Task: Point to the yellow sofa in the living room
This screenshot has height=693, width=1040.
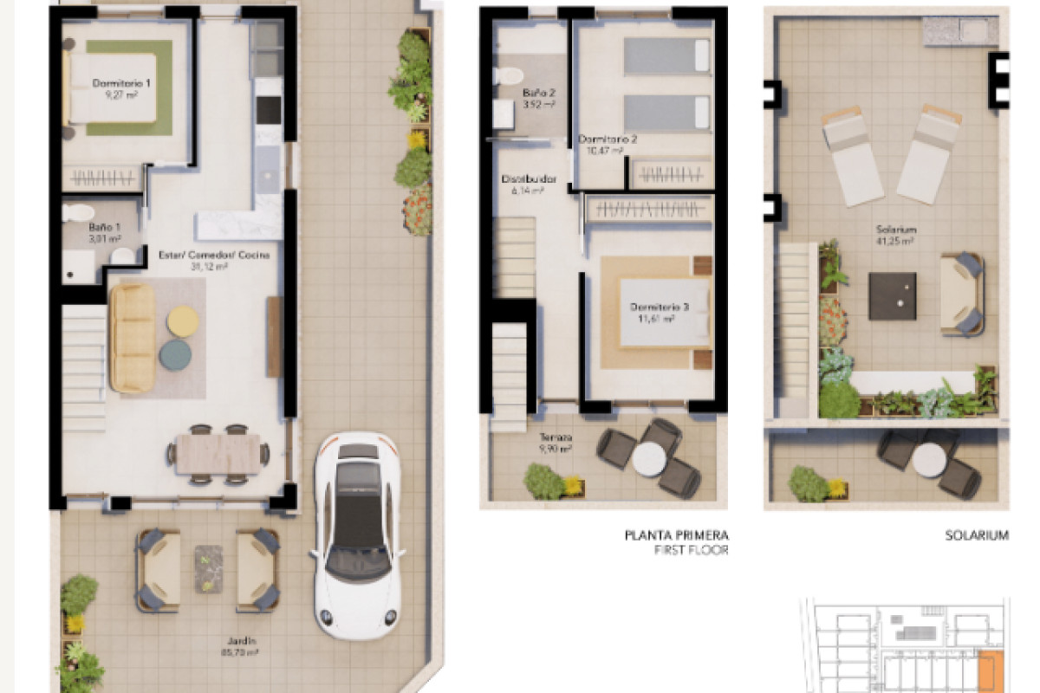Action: [133, 337]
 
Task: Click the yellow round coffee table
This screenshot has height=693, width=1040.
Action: [183, 321]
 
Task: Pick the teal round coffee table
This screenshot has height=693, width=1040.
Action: [175, 353]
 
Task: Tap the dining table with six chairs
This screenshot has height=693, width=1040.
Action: [219, 453]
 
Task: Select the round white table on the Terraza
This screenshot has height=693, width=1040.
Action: [648, 459]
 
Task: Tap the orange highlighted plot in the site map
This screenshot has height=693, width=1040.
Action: [990, 670]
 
